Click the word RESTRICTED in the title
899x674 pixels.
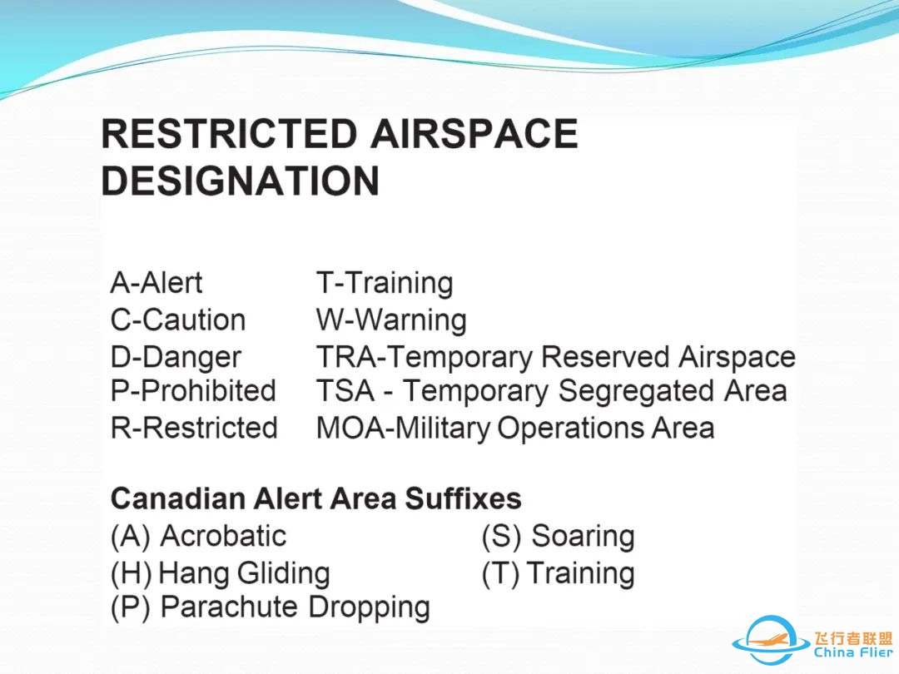(230, 133)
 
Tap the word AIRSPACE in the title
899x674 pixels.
(474, 133)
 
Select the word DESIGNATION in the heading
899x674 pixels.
(241, 181)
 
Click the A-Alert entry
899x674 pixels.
(156, 283)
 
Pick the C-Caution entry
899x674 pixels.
(178, 320)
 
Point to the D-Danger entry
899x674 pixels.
(176, 357)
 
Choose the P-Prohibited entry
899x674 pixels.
(193, 391)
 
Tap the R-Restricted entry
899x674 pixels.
(194, 429)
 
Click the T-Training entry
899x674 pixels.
(384, 283)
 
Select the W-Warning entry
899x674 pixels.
(391, 320)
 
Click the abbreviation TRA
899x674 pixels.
(346, 357)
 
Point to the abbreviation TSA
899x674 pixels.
(345, 391)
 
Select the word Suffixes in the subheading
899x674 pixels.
(464, 498)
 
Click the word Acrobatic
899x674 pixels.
(224, 537)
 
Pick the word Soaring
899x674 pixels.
(583, 538)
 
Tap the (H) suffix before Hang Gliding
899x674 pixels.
(132, 573)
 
